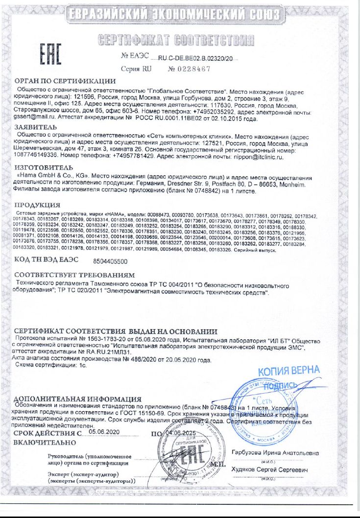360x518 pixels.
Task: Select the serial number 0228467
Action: tap(189, 69)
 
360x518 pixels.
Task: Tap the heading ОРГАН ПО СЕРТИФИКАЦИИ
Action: tap(65, 81)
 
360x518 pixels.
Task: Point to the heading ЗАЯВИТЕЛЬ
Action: tap(37, 127)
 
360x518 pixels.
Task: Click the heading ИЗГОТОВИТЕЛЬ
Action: tap(44, 167)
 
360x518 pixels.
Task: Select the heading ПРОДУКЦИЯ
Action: tap(37, 205)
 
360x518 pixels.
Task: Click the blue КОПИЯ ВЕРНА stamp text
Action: tap(288, 371)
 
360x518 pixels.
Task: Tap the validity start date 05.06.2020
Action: tap(104, 432)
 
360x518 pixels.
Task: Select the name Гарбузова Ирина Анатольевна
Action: tap(275, 453)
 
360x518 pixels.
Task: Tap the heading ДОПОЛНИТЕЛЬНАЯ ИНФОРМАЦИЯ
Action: tap(78, 399)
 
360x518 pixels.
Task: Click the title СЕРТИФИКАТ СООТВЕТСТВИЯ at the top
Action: tap(176, 39)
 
